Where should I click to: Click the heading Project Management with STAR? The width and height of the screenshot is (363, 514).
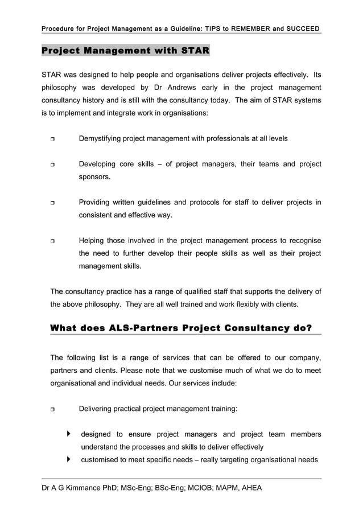(x=126, y=51)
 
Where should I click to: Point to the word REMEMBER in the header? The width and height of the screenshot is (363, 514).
(x=247, y=28)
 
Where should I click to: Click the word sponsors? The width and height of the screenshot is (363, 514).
(x=94, y=177)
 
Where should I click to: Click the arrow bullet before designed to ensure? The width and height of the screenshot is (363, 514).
(x=69, y=434)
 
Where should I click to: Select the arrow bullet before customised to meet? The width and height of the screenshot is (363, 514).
(x=69, y=459)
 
